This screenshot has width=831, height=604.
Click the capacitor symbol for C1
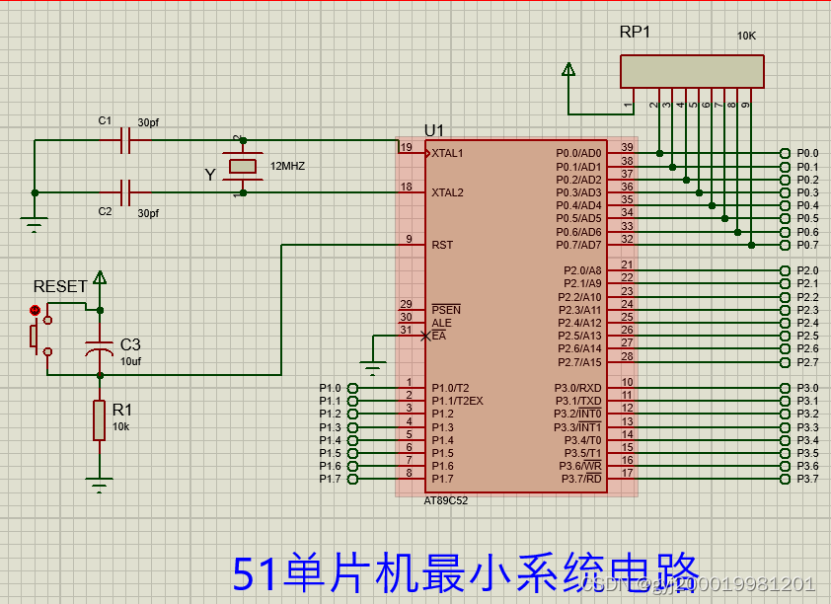125,141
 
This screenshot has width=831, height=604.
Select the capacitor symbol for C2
125,191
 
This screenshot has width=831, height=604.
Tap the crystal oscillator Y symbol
242,167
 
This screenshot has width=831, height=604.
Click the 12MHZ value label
287,167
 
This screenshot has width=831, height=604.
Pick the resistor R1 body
99,419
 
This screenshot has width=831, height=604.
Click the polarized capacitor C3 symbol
99,349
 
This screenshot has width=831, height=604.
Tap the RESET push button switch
38,336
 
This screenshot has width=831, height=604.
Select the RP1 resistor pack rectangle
691,71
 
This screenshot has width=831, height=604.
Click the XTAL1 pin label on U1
447,154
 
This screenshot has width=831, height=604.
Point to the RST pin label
442,245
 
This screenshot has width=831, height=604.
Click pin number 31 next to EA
406,331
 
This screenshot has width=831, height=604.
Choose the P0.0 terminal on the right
785,153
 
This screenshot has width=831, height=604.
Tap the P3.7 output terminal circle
785,479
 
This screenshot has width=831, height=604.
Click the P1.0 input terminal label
330,388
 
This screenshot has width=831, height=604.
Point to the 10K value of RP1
747,36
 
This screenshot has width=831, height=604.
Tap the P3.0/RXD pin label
577,388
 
